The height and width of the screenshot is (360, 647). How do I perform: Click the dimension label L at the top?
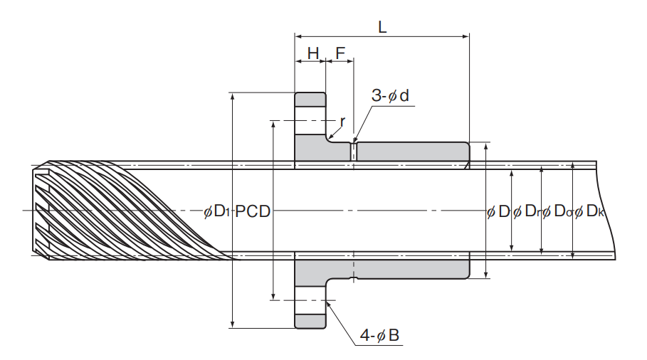pyautogui.click(x=382, y=27)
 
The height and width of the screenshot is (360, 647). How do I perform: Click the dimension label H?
pyautogui.click(x=312, y=53)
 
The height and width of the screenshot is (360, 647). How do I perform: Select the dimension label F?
pyautogui.click(x=340, y=53)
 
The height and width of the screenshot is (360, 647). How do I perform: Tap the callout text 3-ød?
pyautogui.click(x=390, y=96)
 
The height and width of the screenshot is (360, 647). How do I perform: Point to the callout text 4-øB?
pyautogui.click(x=380, y=335)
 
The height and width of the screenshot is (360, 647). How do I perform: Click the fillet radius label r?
pyautogui.click(x=342, y=121)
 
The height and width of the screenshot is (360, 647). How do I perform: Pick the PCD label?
pyautogui.click(x=253, y=211)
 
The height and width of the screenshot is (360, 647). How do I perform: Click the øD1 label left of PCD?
pyautogui.click(x=217, y=211)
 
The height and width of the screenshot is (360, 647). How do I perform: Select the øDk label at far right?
pyautogui.click(x=590, y=211)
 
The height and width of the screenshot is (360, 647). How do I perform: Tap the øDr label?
pyautogui.click(x=527, y=211)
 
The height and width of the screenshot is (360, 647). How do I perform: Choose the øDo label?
pyautogui.click(x=558, y=211)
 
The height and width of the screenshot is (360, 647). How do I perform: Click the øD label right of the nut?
pyautogui.click(x=499, y=211)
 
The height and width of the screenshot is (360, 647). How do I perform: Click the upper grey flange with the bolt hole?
pyautogui.click(x=310, y=128)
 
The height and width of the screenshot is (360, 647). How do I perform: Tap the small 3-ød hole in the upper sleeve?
pyautogui.click(x=354, y=152)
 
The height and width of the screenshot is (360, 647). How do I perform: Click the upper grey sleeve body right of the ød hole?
pyautogui.click(x=413, y=152)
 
